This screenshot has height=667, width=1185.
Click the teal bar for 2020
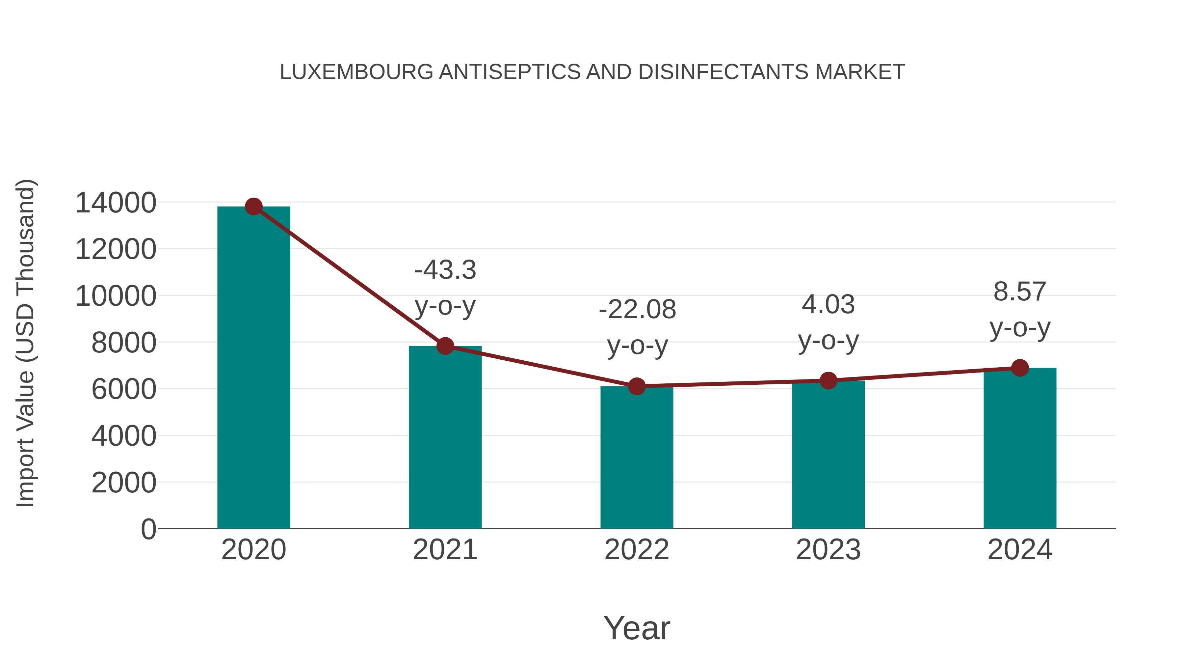point(253,368)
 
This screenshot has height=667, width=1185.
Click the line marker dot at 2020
point(253,207)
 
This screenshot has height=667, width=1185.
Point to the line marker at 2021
point(445,346)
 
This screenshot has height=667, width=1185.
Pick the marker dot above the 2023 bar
point(828,381)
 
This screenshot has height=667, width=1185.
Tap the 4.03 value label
point(828,305)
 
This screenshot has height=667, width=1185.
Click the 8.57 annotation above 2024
point(1020,292)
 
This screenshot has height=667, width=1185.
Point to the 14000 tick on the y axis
point(116,203)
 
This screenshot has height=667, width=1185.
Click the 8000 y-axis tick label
point(124,343)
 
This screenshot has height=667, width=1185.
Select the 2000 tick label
point(124,483)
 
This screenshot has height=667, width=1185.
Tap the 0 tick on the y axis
point(148,529)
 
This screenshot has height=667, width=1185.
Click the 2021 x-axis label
point(445,550)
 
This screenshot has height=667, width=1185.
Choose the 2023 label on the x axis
point(828,550)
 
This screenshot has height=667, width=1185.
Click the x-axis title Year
point(637,628)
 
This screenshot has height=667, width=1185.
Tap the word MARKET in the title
point(859,72)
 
